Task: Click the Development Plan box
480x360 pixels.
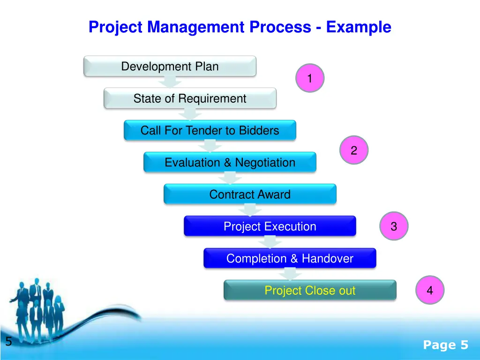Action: pos(170,66)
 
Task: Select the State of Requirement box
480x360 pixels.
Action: pos(190,98)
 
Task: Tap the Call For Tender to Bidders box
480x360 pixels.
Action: pos(210,130)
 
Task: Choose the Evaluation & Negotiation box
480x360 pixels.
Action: pos(230,163)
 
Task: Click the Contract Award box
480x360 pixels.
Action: pos(250,194)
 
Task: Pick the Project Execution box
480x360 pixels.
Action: pos(270,226)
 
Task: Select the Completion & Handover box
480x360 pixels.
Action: pos(290,258)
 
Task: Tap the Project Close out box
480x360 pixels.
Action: pos(310,290)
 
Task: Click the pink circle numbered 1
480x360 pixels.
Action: pos(309,78)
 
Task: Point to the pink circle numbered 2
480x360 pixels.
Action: pos(354,150)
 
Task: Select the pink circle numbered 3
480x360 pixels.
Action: pos(394,226)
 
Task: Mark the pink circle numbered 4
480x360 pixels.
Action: pos(429,291)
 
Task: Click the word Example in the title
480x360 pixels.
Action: pos(359,27)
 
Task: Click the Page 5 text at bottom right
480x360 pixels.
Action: pos(445,345)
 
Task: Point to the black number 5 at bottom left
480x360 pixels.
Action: pos(8,342)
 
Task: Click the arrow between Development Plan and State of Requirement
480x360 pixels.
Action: pos(170,82)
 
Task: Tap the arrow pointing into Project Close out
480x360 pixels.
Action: pos(290,274)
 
